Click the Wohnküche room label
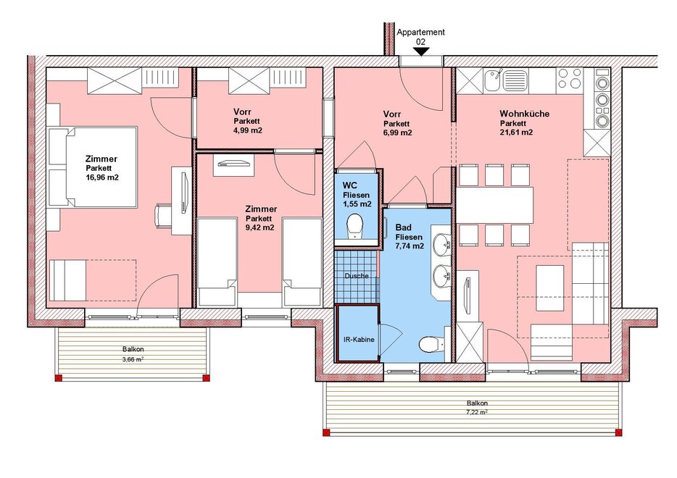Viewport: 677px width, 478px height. coord(525,114)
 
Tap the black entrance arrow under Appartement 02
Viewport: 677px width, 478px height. coord(421,51)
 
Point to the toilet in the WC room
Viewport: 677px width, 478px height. coord(355,226)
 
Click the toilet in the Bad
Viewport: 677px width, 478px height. coord(431,344)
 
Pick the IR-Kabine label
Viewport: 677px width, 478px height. coord(359,340)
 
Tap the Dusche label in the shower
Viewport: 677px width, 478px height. coord(357,276)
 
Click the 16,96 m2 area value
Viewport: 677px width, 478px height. coord(102,177)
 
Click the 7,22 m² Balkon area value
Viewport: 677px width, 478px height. coord(477,412)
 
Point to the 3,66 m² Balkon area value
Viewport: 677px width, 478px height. coord(133,358)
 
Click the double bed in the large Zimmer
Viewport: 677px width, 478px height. coord(93,166)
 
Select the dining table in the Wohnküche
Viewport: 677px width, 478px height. coord(495,203)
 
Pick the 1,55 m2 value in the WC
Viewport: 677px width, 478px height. coord(357,204)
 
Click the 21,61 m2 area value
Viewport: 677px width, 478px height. coord(516,133)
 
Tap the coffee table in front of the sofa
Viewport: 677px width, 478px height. coord(549,288)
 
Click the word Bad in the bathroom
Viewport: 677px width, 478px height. coord(403,227)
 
